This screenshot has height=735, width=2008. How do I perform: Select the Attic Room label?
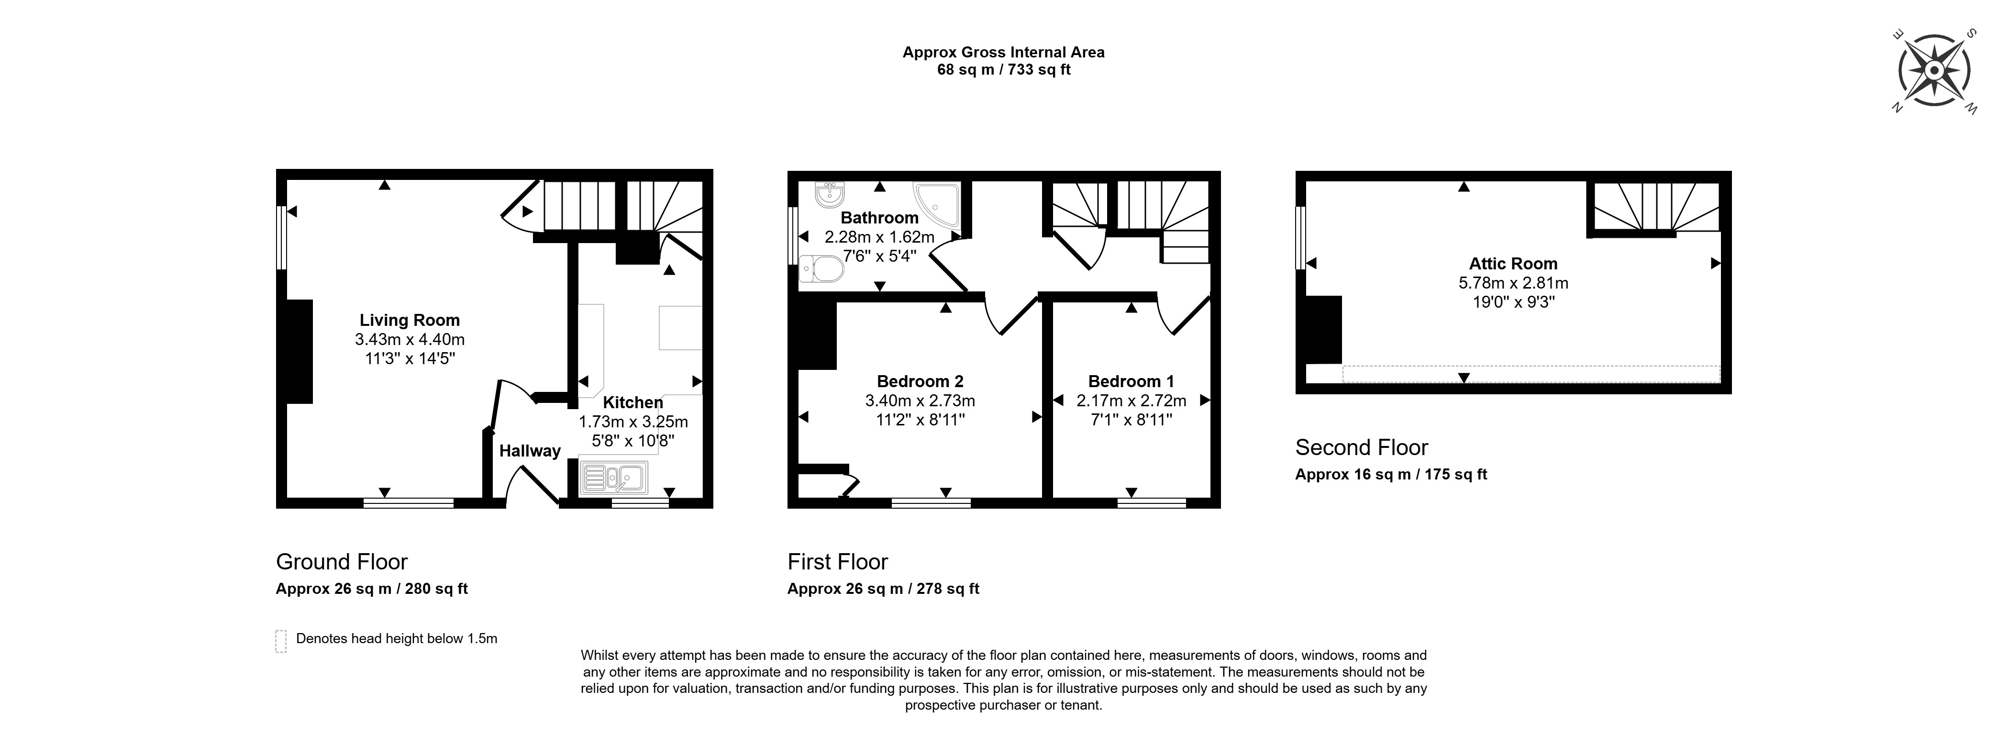[x=1513, y=264]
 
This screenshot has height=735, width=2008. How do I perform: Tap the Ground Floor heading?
[x=342, y=562]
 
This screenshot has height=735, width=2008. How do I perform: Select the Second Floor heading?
[x=1361, y=447]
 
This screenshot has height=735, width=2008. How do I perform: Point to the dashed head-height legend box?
[x=281, y=641]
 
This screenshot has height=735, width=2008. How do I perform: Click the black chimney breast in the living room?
[x=300, y=352]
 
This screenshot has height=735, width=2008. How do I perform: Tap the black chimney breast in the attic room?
[x=1324, y=330]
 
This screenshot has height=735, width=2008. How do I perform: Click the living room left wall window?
[x=282, y=238]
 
